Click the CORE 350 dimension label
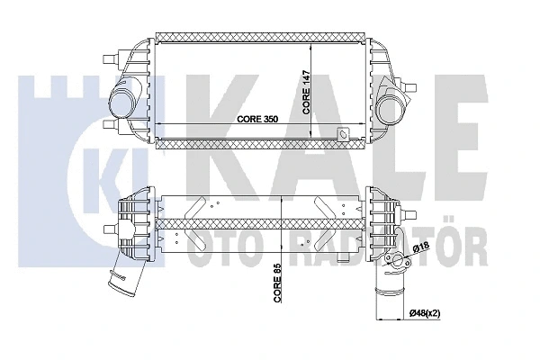[257, 119]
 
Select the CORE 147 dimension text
[306, 93]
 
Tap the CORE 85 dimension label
[278, 283]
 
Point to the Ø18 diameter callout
[420, 247]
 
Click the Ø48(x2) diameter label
[425, 313]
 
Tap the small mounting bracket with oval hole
[344, 134]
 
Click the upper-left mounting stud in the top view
[112, 58]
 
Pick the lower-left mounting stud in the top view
[112, 124]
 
